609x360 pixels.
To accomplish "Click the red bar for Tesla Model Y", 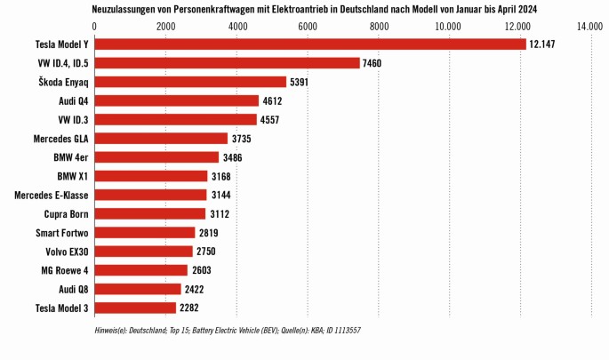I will [310, 44].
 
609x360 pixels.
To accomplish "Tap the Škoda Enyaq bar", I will [190, 82].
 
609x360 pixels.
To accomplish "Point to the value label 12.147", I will [541, 44].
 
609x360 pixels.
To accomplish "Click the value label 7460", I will [374, 63].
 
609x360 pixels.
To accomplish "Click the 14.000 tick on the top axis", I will [589, 27].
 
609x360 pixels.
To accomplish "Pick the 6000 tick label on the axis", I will [307, 27].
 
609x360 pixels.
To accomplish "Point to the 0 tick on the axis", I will [94, 27].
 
